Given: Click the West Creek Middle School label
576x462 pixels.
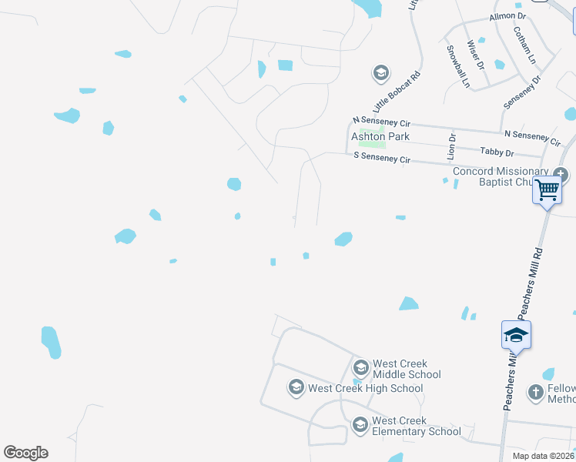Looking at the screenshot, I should (x=407, y=369).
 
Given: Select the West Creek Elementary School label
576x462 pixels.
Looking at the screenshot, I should (x=417, y=426).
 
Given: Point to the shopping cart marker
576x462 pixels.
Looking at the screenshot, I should (x=547, y=189).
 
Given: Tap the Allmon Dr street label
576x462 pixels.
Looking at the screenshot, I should (x=507, y=16).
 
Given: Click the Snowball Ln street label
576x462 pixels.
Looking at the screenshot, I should (x=457, y=66).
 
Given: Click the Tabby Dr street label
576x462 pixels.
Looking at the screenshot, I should (x=496, y=152).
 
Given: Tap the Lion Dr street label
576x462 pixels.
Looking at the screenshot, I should (x=452, y=147).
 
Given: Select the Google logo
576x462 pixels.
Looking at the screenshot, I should (x=25, y=453).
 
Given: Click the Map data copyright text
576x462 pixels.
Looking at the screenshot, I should (x=543, y=456).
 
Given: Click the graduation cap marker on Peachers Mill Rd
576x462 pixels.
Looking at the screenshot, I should (x=516, y=336).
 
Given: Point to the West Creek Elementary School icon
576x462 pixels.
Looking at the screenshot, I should (x=360, y=423).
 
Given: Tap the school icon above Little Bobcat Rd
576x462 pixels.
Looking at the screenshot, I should (x=380, y=74).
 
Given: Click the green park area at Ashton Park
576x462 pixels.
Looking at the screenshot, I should (x=373, y=143).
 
